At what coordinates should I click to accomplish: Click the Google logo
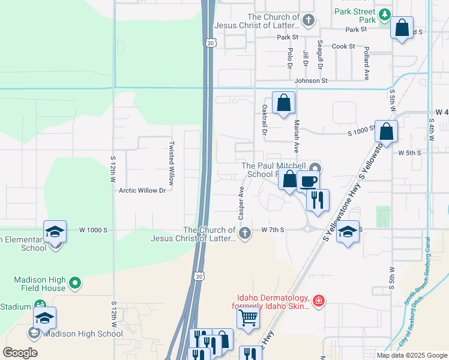[20, 353]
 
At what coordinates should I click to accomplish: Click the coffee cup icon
[309, 181]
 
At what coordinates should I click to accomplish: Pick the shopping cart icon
[249, 317]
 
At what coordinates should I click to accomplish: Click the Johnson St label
[311, 80]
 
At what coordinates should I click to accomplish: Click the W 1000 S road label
[93, 230]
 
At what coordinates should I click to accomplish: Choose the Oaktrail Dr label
[264, 119]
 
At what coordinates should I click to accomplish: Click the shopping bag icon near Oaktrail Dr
[284, 103]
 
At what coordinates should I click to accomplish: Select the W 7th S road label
[273, 230]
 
